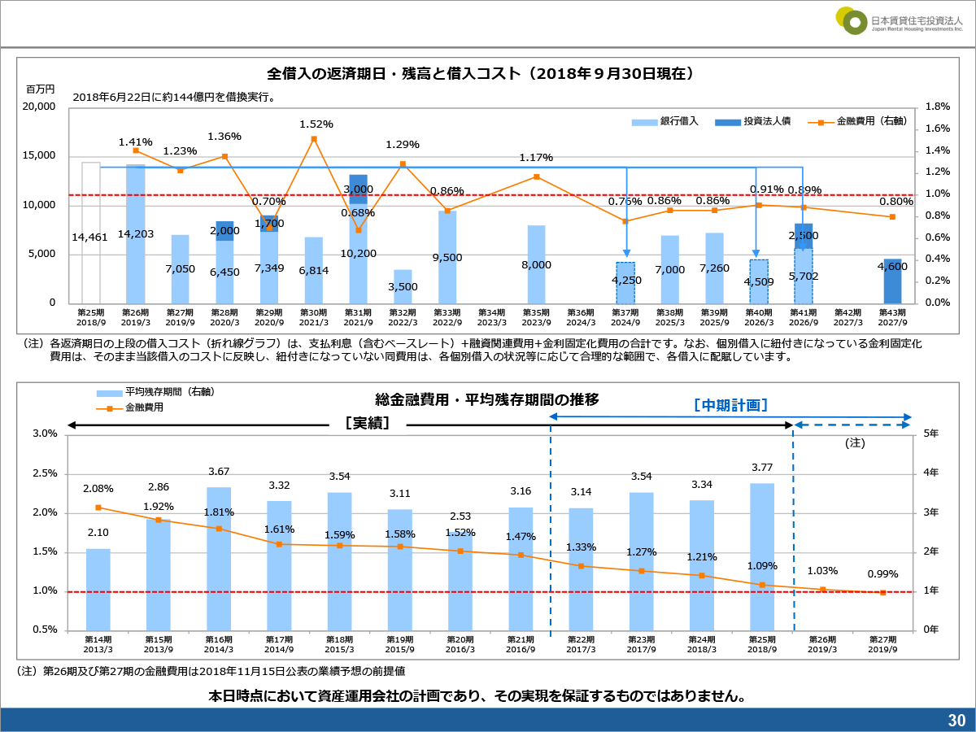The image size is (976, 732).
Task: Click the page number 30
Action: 956,721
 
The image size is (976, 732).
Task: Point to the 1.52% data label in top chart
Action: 316,124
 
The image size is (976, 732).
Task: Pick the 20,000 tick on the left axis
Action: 39,107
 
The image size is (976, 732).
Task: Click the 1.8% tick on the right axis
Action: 938,107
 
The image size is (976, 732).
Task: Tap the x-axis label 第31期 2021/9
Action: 359,317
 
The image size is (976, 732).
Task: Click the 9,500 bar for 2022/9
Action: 447,257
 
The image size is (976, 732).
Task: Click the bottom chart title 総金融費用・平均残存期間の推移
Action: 487,399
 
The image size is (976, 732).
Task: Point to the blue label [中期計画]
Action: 730,404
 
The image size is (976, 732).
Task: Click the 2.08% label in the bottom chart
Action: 98,489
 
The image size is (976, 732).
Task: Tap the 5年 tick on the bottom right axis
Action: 931,434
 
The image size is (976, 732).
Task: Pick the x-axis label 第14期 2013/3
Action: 98,644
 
